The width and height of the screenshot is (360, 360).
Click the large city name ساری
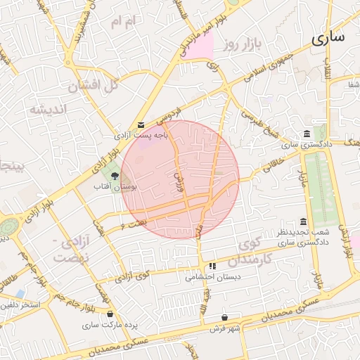coord(328,37)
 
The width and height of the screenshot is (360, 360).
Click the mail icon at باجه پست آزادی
coord(141,125)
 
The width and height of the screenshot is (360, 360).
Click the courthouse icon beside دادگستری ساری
coord(307,134)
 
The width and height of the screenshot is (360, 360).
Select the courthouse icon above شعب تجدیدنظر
coord(303,221)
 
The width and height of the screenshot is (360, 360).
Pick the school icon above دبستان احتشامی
coord(212,266)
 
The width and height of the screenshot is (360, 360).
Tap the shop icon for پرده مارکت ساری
coord(110,314)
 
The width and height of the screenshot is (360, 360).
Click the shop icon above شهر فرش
coord(224,317)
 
